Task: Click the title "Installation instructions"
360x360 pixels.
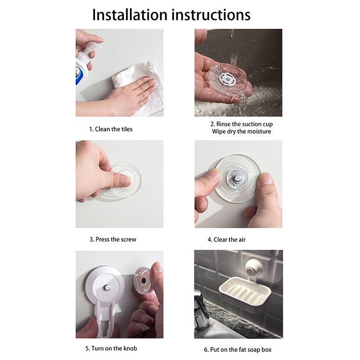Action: [x=171, y=15]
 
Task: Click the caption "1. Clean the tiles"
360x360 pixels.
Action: [x=111, y=129]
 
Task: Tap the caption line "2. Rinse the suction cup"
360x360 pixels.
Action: [x=242, y=124]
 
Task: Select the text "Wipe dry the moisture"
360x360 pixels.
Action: [x=242, y=131]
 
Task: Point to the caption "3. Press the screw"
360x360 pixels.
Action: [x=113, y=239]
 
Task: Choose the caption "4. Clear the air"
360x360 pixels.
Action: [x=227, y=240]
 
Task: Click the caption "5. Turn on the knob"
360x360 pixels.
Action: [x=111, y=348]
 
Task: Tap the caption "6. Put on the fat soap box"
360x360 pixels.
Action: [x=238, y=350]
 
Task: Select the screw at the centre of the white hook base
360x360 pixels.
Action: [x=107, y=287]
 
